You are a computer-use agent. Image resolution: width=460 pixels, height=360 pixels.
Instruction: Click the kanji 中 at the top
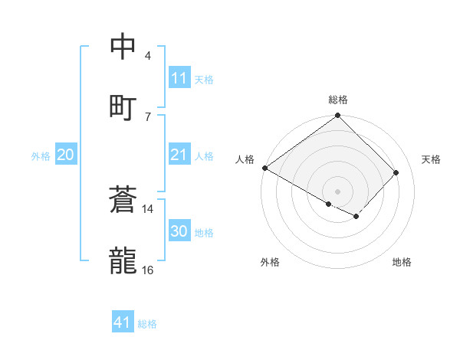tap(123, 47)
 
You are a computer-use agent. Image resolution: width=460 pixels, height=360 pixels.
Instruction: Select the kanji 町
tap(123, 107)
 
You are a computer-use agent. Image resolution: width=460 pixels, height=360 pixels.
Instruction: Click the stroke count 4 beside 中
tap(148, 56)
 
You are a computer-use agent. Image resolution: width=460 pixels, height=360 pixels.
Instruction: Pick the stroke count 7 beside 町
tap(148, 116)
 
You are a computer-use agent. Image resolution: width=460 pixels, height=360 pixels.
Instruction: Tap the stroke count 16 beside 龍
tap(148, 270)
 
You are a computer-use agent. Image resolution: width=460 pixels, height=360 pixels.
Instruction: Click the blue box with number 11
tap(179, 78)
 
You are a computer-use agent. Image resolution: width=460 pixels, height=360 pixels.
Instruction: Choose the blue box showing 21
tap(179, 155)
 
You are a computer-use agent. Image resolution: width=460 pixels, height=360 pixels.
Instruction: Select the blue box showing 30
tap(179, 231)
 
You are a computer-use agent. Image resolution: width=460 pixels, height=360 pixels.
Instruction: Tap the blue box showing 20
tap(65, 155)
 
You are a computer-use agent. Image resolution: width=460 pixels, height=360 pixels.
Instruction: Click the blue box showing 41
tap(123, 322)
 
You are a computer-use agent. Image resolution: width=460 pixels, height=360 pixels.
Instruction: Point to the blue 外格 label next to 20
tap(41, 155)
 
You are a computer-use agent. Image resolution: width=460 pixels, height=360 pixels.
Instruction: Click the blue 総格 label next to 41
tap(147, 324)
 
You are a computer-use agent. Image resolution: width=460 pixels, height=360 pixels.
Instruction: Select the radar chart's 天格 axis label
tap(431, 159)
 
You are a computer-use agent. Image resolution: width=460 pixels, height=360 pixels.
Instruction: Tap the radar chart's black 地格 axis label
tap(402, 262)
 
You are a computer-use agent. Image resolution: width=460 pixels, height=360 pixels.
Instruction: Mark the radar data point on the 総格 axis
tap(337, 116)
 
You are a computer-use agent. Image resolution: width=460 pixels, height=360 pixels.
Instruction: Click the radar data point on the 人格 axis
tap(264, 168)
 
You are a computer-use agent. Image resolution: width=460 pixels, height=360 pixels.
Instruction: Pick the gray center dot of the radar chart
tap(337, 191)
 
